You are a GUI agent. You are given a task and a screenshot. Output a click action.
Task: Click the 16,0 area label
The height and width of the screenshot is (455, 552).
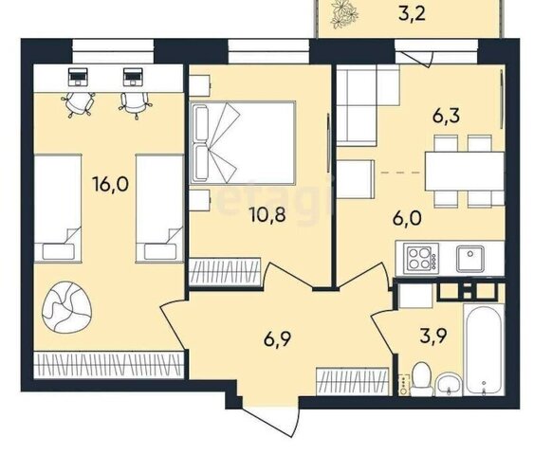[x=110, y=184]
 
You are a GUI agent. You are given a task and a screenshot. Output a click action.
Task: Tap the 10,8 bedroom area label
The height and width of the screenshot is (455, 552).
[x=267, y=214]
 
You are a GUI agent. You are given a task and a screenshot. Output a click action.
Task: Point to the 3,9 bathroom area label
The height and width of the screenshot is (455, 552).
[x=433, y=337]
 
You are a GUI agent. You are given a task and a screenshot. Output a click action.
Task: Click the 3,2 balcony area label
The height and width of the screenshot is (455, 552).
[x=413, y=15]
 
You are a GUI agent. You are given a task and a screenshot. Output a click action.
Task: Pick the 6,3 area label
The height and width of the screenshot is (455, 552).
[x=446, y=116]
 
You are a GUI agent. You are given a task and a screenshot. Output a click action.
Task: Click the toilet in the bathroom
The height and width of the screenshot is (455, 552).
[x=422, y=379]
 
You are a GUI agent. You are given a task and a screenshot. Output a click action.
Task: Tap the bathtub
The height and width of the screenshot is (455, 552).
[x=484, y=350]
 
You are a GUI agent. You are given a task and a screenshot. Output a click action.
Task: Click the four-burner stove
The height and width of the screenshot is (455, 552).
[x=421, y=259]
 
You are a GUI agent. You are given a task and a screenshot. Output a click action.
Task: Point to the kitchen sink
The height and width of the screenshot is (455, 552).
[x=470, y=258]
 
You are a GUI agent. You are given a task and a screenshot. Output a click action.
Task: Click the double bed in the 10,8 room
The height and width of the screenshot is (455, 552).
[x=242, y=143]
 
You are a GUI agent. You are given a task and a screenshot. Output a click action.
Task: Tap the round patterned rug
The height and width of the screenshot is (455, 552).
[x=67, y=307]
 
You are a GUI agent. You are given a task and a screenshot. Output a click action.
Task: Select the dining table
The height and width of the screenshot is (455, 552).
[x=465, y=171]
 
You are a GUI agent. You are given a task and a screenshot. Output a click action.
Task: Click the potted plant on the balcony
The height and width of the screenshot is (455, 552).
[x=344, y=13]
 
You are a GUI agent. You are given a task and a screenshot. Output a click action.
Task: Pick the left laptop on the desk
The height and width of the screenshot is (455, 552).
[x=78, y=77]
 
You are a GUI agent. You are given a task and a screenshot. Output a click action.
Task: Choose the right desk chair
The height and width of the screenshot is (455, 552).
[x=136, y=104]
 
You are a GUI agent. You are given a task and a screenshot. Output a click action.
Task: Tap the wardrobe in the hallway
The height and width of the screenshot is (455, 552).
[x=353, y=381]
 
